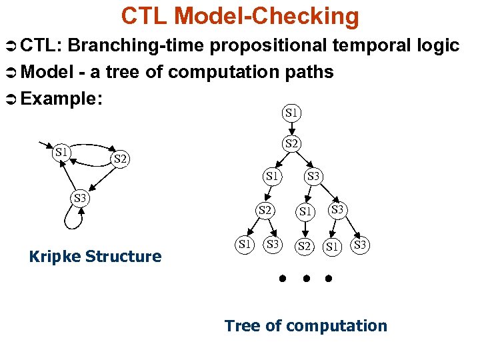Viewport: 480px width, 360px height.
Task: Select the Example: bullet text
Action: click(x=61, y=99)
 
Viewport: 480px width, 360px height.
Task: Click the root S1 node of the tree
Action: click(x=291, y=113)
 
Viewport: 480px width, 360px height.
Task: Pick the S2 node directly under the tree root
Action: click(x=291, y=143)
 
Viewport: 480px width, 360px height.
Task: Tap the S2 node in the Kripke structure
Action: click(x=121, y=159)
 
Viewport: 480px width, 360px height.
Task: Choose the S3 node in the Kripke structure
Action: click(x=80, y=198)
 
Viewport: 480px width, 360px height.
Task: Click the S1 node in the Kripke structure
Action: click(x=62, y=152)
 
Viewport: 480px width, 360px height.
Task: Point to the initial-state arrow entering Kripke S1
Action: click(x=47, y=145)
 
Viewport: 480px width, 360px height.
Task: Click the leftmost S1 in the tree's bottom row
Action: click(x=245, y=245)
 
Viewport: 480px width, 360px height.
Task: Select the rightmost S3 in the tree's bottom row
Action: click(x=361, y=245)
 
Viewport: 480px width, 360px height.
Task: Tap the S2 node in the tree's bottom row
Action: click(x=305, y=246)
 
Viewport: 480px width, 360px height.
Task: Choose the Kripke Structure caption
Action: click(x=95, y=257)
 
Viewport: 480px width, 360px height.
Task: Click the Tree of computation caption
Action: click(x=305, y=326)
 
